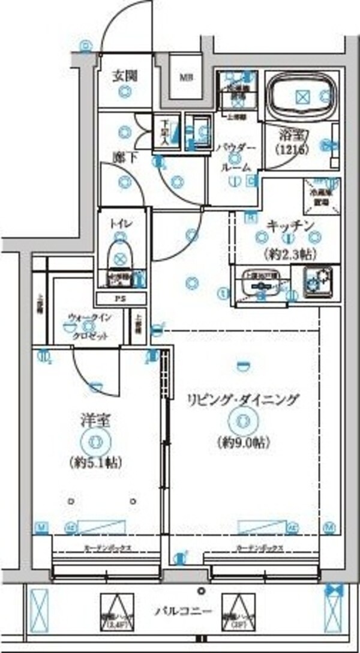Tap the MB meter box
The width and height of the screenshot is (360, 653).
(184, 77)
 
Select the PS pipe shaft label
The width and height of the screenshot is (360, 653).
(121, 299)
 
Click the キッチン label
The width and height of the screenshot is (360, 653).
(290, 225)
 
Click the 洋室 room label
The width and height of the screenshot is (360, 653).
(95, 419)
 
